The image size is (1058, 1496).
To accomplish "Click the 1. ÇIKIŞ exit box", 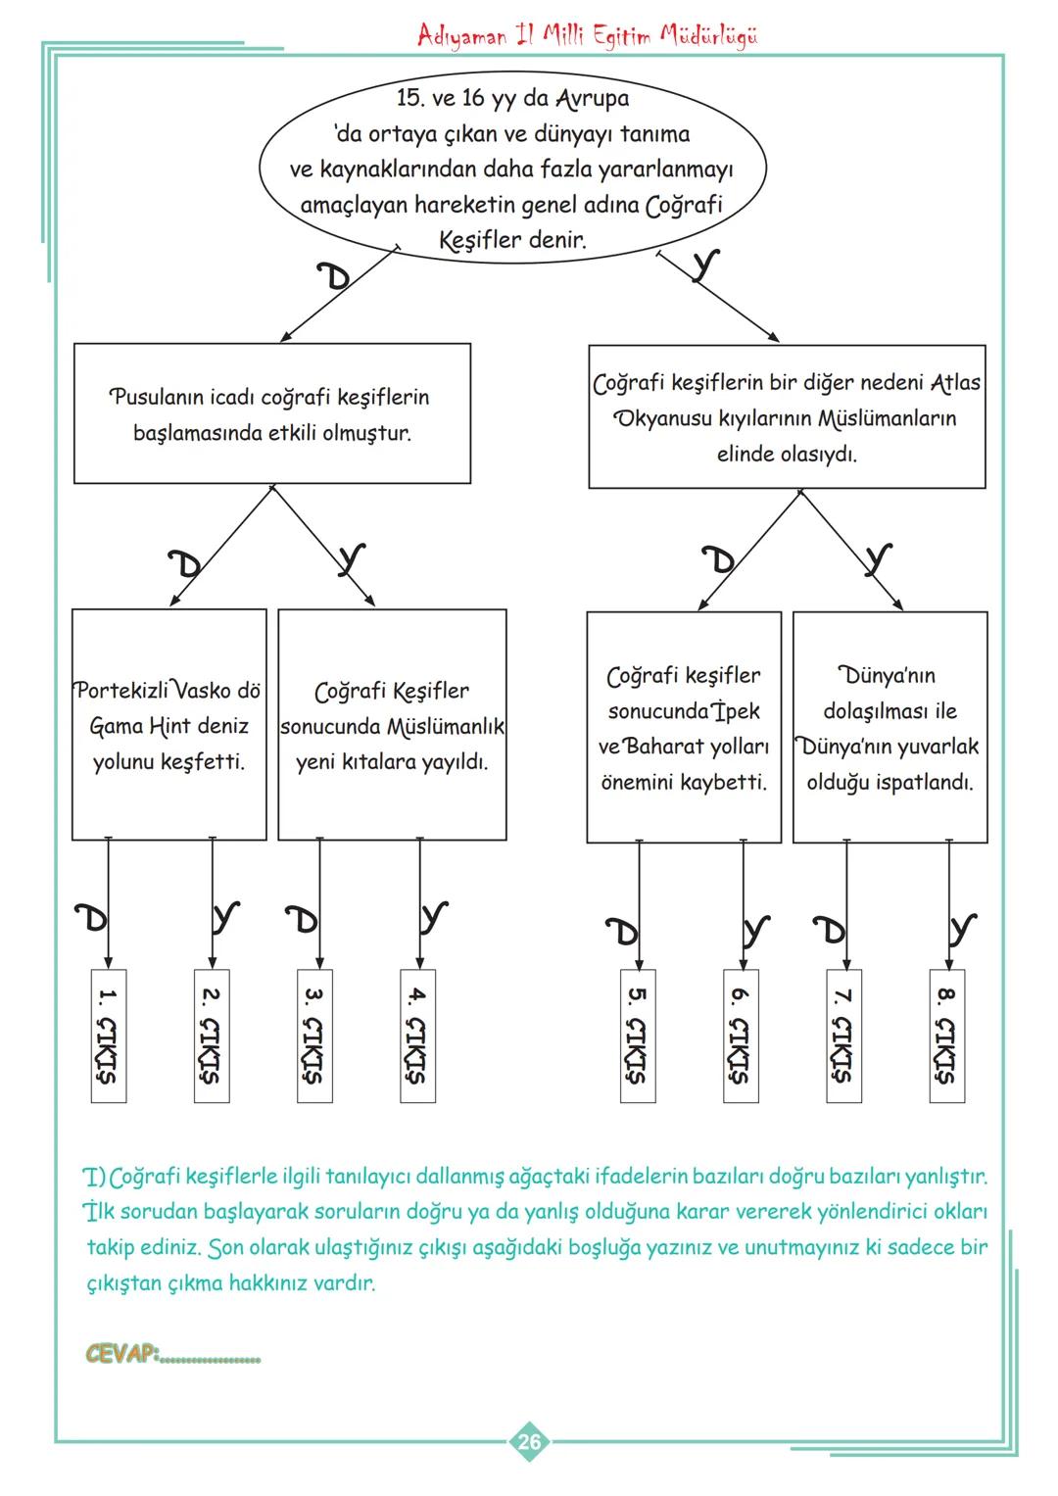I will [x=108, y=1036].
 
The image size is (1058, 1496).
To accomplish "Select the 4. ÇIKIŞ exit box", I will [x=418, y=1036].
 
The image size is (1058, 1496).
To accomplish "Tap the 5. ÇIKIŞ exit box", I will [x=638, y=1036].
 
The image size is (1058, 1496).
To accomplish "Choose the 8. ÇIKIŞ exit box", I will [x=946, y=1036].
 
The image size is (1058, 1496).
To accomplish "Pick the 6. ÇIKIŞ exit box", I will [x=742, y=1036].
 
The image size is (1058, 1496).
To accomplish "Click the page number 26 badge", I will [x=529, y=1441].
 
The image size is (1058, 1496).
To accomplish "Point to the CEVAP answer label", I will [x=122, y=1354].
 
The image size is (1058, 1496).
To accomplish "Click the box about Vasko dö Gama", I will [x=168, y=725].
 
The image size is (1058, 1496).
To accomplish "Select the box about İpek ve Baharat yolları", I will [x=684, y=727].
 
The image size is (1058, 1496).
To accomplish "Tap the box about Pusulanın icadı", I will [x=271, y=413].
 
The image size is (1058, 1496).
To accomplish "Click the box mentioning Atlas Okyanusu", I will [x=787, y=417].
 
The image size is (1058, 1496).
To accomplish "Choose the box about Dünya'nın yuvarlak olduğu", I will [x=890, y=727].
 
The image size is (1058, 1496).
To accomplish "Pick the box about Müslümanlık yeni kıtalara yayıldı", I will [x=392, y=725].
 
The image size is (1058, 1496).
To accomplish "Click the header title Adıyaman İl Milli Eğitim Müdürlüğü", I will [x=587, y=36].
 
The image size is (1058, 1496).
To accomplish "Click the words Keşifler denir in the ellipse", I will [x=511, y=240].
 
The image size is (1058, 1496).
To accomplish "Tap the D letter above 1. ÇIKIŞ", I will [x=93, y=918].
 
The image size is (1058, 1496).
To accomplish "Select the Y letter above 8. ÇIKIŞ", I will [x=963, y=928].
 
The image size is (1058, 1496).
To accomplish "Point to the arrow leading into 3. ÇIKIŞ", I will [x=319, y=901].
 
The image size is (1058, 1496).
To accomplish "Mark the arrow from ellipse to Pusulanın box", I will [x=338, y=294].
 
